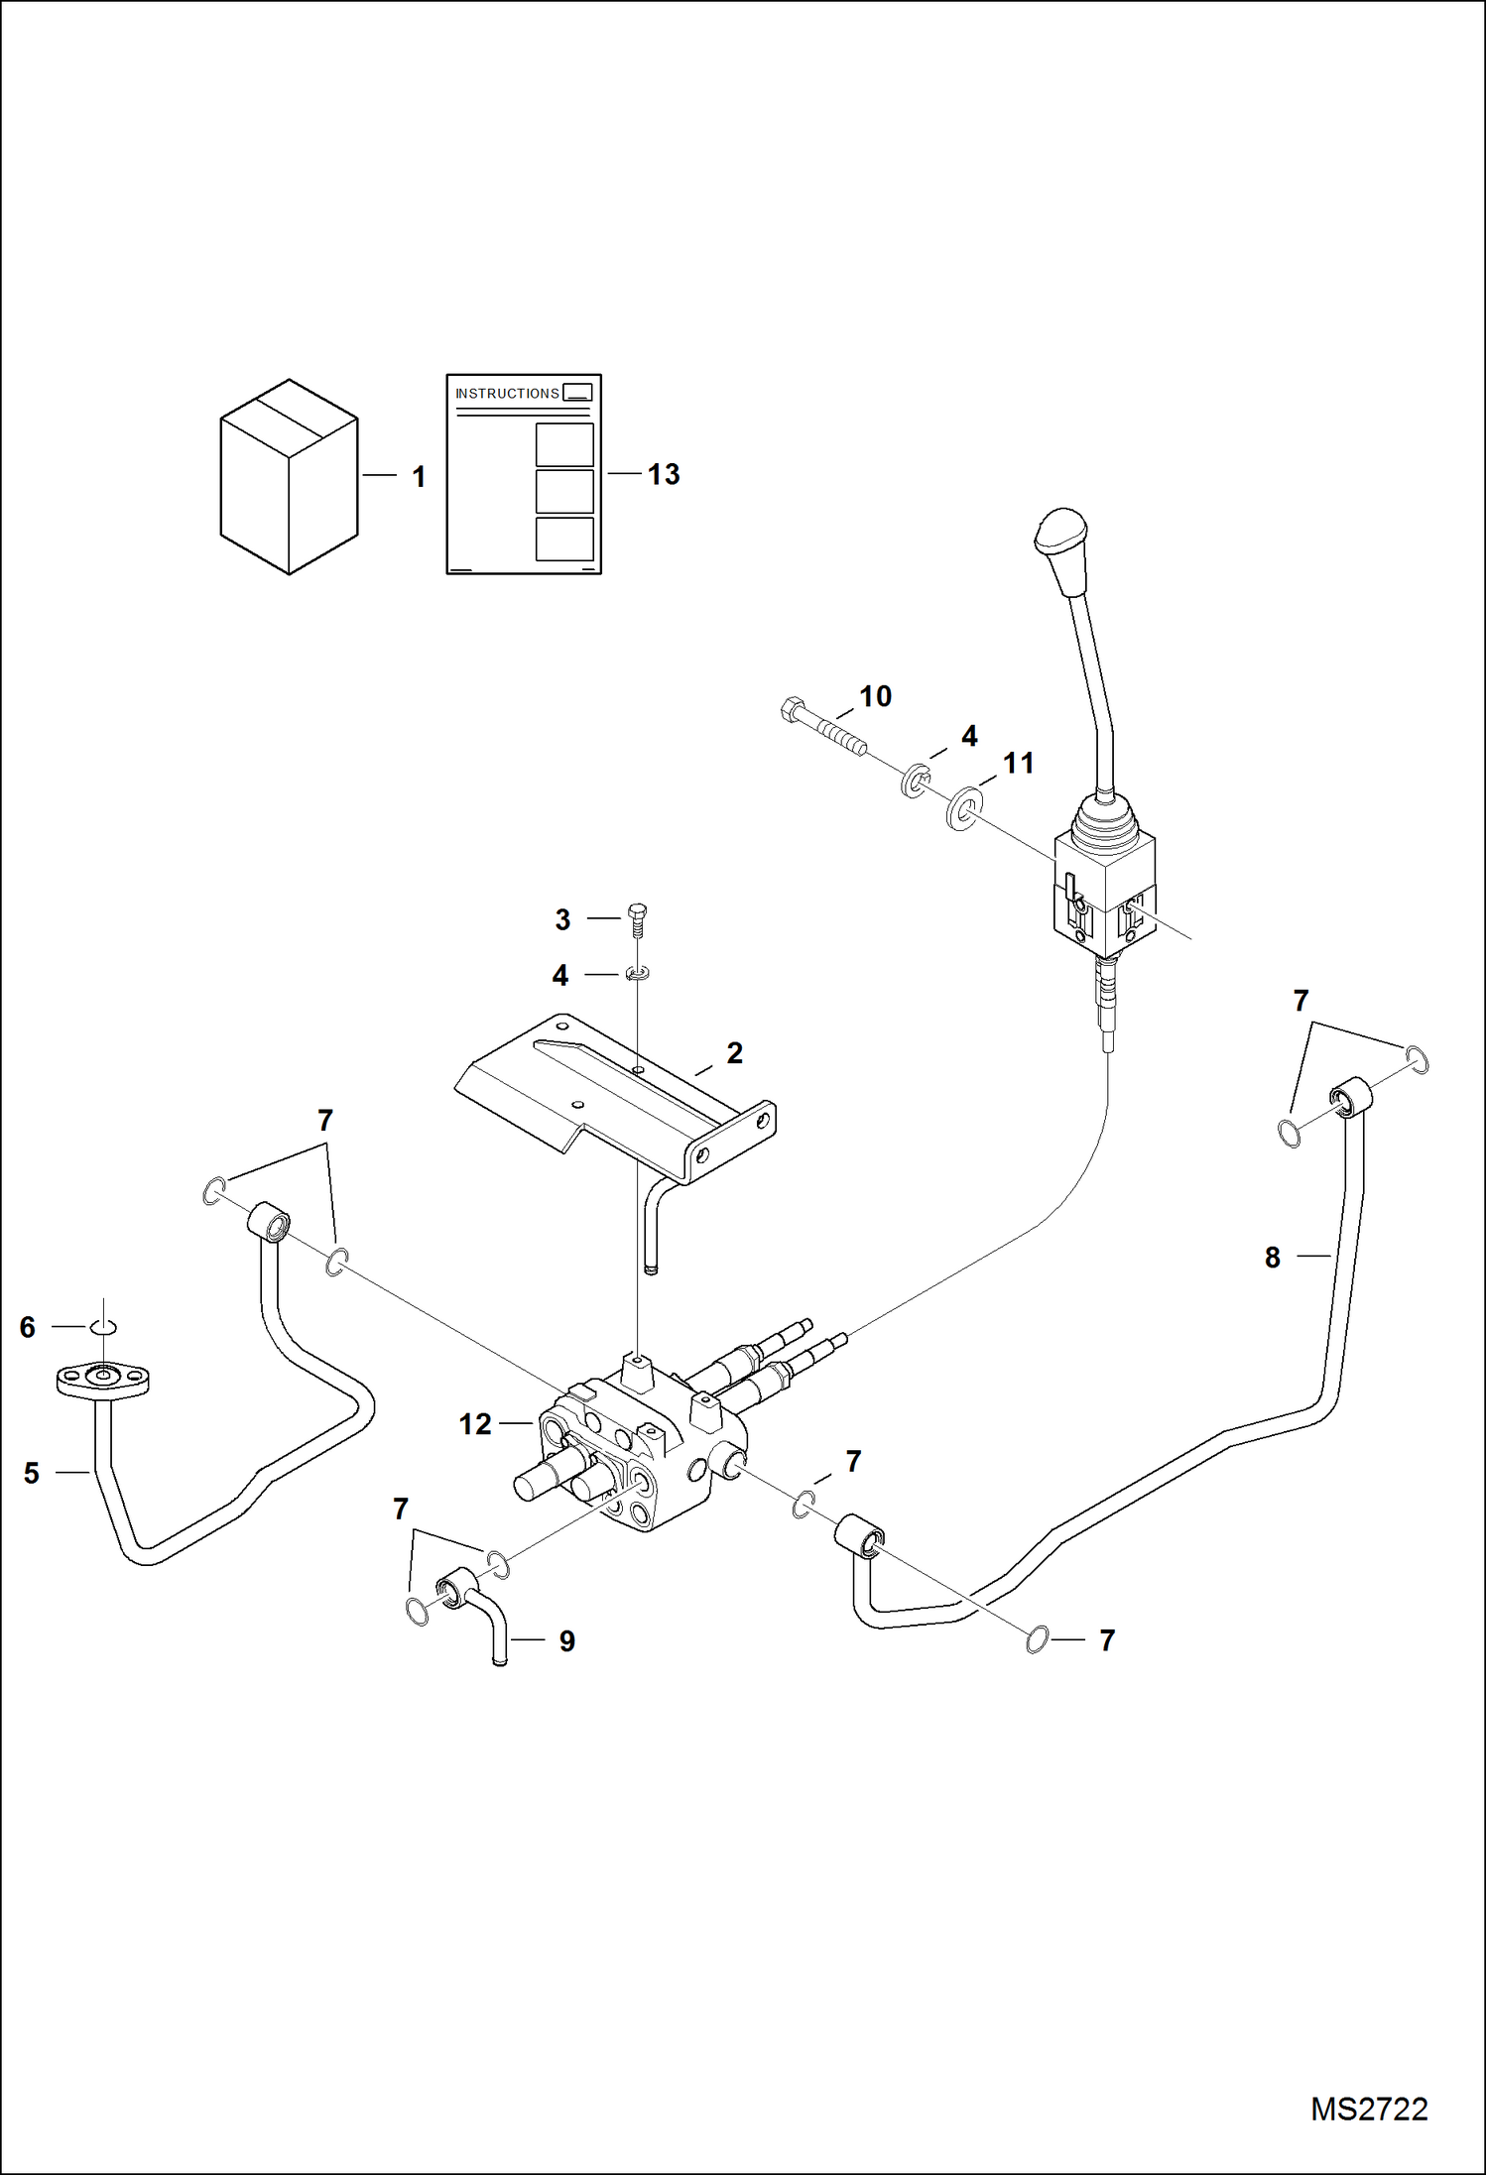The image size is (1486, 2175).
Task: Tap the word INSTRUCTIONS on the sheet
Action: (507, 394)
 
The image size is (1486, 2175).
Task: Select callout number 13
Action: (664, 475)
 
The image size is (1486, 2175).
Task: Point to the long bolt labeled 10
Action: (823, 727)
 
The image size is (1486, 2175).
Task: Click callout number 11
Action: (1019, 764)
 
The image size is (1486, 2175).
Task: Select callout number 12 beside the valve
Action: (475, 1424)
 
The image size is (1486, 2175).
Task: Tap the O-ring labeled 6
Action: (104, 1327)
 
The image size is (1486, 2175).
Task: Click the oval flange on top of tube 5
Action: (102, 1379)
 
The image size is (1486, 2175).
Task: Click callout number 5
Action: (32, 1473)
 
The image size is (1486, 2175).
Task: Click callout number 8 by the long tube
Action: (1273, 1258)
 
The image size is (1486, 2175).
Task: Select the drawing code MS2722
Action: (1368, 2110)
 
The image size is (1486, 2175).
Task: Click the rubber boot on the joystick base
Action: (1104, 823)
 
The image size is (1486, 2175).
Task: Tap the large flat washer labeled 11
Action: (962, 808)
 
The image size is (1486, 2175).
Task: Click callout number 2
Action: (734, 1053)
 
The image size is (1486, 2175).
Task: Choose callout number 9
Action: (566, 1640)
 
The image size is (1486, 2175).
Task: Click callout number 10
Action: (875, 696)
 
